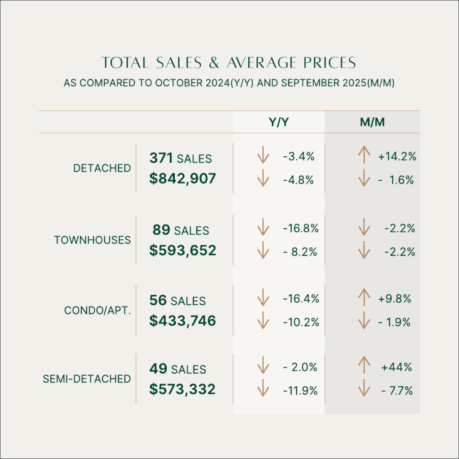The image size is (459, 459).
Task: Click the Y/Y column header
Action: point(278,122)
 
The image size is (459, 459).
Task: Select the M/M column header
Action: point(372,122)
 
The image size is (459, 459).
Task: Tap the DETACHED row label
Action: point(102,169)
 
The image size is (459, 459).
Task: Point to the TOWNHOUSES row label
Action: point(93,240)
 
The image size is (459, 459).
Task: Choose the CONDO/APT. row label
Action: point(98,311)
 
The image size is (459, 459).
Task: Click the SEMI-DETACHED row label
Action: point(87,379)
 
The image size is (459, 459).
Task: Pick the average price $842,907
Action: point(182,179)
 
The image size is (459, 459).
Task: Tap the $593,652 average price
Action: point(182,250)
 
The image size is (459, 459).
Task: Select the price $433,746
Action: point(182,320)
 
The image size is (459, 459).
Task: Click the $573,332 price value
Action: point(182,389)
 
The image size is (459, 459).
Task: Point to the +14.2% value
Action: point(398,157)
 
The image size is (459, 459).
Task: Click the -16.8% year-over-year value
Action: point(301,229)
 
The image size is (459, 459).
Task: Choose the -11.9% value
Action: point(300,391)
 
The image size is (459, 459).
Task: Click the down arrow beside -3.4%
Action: point(263,157)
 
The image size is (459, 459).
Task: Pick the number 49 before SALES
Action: point(158,369)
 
